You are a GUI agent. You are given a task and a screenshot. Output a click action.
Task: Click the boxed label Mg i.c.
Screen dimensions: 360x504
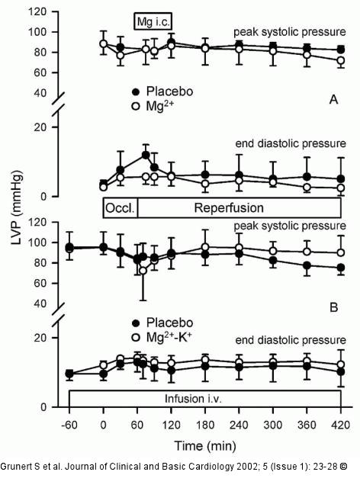point(153,22)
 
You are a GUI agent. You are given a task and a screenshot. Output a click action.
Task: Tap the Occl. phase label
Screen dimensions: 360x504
point(120,208)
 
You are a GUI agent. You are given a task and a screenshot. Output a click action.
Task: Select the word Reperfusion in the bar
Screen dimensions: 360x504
point(229,208)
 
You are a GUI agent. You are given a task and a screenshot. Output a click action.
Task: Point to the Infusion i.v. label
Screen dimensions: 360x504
point(193,399)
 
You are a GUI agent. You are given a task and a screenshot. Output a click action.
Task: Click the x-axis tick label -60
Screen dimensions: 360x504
point(69,425)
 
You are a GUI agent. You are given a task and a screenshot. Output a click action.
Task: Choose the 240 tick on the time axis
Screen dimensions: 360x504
point(239,425)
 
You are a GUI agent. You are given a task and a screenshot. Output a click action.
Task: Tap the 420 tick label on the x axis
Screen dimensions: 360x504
point(340,425)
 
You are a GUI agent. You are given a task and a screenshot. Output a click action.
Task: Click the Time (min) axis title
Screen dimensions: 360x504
point(205,446)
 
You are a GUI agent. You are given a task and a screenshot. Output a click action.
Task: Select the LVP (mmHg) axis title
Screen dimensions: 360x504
point(17,208)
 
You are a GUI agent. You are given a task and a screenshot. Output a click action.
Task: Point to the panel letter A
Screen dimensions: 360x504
point(333,100)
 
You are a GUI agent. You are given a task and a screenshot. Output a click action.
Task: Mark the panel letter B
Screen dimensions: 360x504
point(333,307)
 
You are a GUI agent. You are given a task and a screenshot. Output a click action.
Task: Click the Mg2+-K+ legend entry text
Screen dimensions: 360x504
point(169,337)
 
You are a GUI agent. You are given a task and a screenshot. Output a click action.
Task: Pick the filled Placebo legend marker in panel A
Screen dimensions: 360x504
point(136,92)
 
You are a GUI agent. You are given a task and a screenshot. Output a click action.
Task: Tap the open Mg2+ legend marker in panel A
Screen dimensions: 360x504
point(136,106)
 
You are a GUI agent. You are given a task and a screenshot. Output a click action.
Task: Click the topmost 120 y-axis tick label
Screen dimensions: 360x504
point(37,12)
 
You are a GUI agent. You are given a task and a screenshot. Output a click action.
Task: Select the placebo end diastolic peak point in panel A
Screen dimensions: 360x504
point(146,155)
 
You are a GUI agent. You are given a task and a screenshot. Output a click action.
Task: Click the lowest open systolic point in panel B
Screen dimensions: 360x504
point(143,271)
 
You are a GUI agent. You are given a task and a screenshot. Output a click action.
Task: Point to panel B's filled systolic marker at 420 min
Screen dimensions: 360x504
point(341,268)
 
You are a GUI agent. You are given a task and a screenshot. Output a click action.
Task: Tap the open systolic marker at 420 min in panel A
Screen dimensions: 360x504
point(341,60)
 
